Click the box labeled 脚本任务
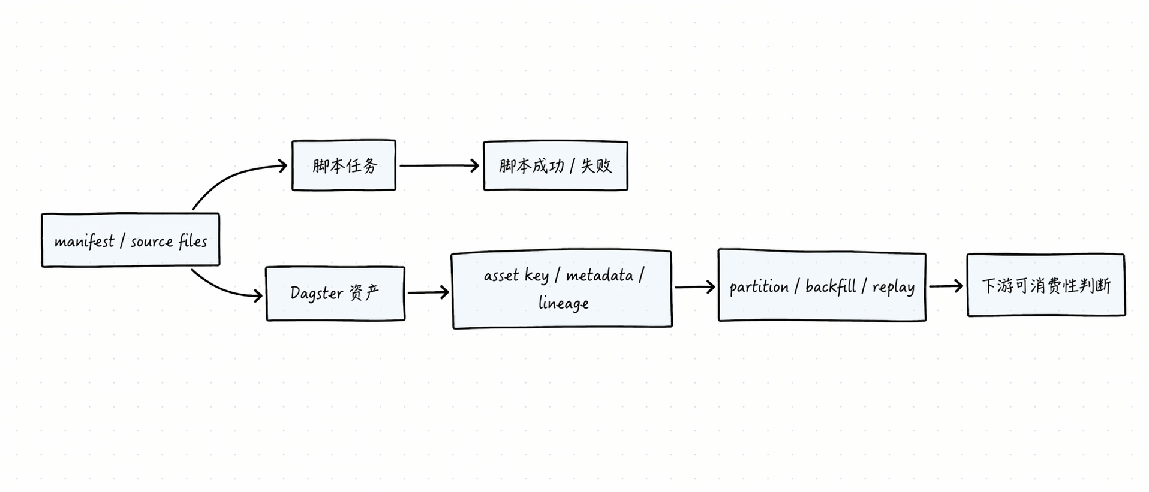(x=344, y=165)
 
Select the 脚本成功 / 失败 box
(x=555, y=166)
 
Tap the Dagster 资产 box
(x=335, y=294)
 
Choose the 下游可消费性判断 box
(x=1046, y=285)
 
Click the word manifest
(x=84, y=241)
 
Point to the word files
(x=192, y=241)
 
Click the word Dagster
(x=317, y=293)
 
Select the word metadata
(x=599, y=276)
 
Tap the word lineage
(x=563, y=303)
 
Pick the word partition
(x=759, y=287)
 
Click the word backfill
(x=831, y=286)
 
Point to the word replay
(x=893, y=287)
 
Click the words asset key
(x=516, y=276)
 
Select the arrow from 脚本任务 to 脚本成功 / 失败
(x=439, y=165)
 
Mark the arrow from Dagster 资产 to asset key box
(x=428, y=292)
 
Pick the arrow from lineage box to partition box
(x=694, y=287)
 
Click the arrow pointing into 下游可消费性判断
(x=946, y=286)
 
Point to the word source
(x=151, y=241)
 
